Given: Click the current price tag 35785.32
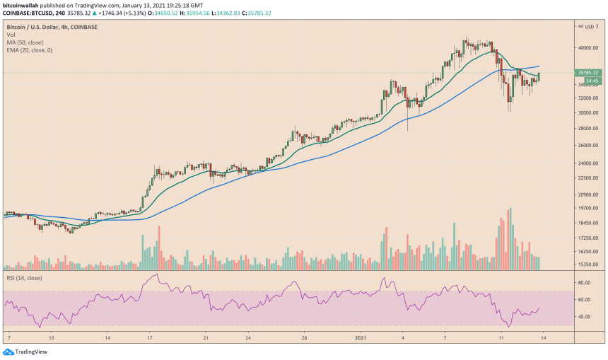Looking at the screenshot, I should point(587,73).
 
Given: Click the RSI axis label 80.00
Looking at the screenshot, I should point(585,283).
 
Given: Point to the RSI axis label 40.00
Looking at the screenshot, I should point(585,317).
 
